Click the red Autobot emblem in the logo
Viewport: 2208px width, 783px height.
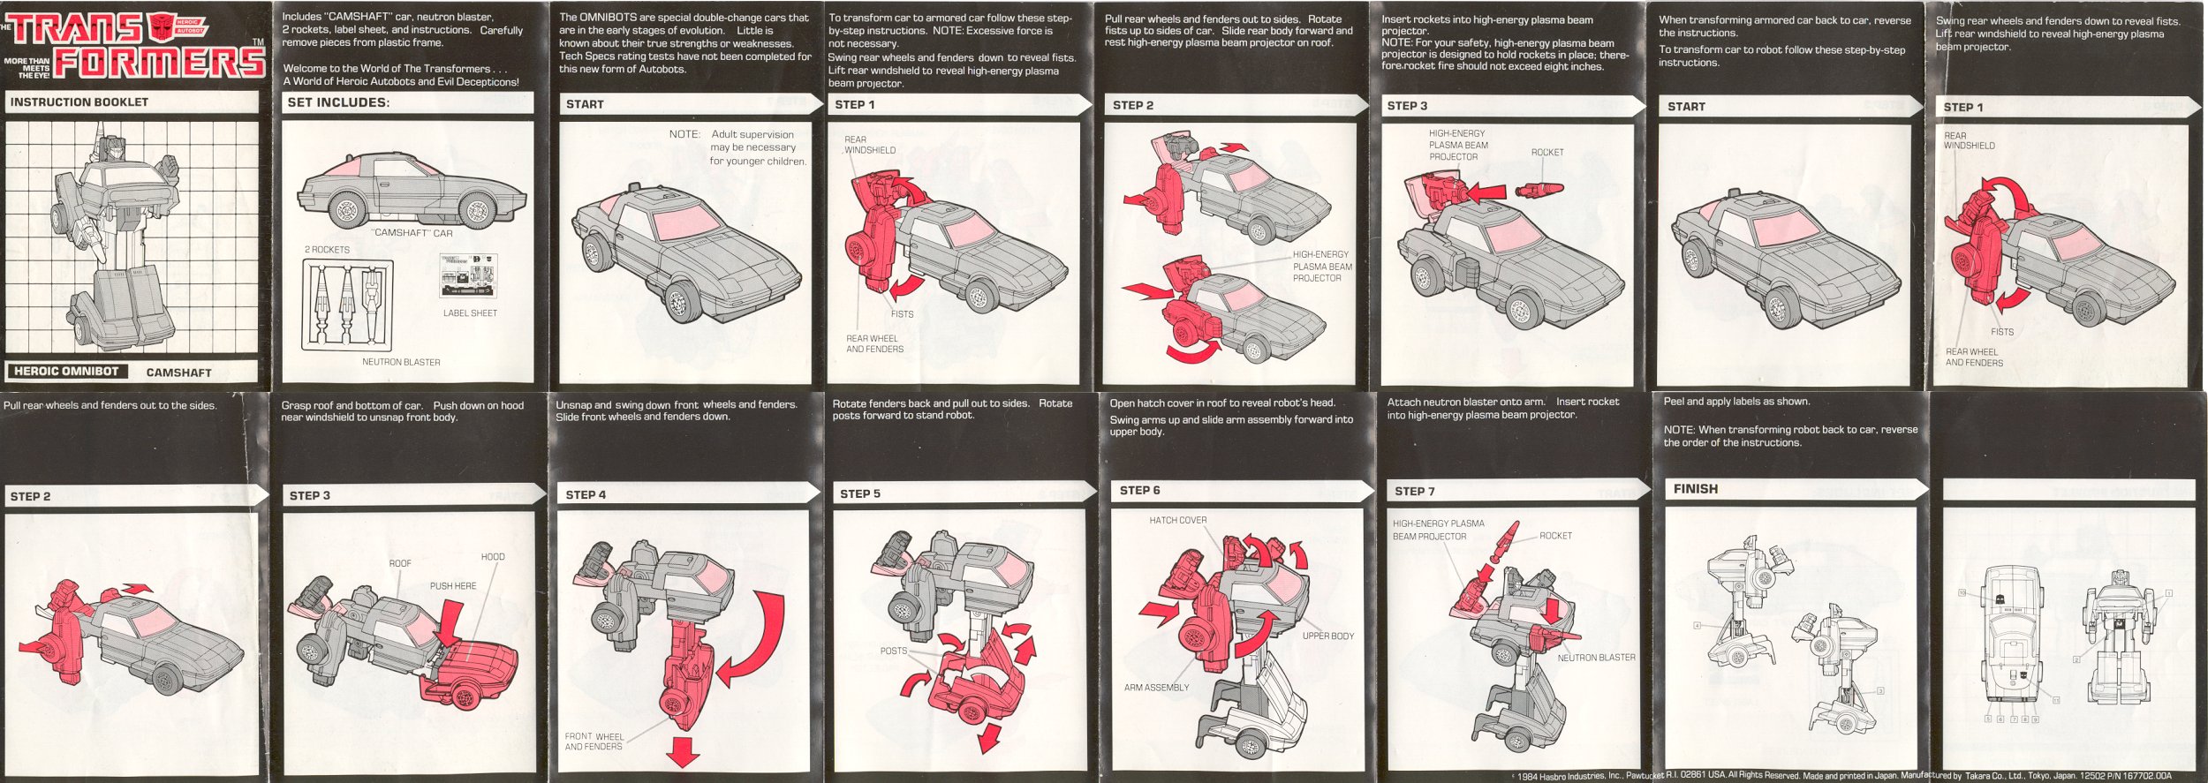click(x=163, y=27)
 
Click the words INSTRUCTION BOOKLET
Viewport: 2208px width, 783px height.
click(x=79, y=102)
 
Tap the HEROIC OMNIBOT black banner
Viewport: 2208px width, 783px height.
click(x=66, y=372)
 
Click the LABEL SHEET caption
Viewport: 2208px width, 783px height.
click(x=470, y=313)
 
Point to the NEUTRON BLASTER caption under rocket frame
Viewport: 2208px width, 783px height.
click(x=401, y=362)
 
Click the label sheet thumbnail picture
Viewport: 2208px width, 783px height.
click(x=468, y=275)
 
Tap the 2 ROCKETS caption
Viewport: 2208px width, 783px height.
click(x=327, y=250)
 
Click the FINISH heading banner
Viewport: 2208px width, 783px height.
click(x=1695, y=489)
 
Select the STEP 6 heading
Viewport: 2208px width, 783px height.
click(x=1139, y=491)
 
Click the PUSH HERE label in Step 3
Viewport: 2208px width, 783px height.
click(x=452, y=586)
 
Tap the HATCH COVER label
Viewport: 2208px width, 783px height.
click(x=1177, y=521)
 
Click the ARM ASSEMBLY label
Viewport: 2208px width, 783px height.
click(x=1156, y=688)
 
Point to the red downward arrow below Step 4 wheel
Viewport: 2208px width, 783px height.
click(x=683, y=751)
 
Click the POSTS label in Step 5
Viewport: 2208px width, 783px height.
click(x=893, y=651)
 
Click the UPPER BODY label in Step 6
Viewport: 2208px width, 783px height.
click(x=1327, y=636)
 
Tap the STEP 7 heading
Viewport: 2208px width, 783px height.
click(x=1414, y=492)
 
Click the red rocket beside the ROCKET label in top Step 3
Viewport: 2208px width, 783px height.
click(x=1539, y=189)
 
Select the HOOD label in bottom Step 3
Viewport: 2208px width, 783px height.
click(x=493, y=557)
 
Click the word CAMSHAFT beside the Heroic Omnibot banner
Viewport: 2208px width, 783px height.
click(x=178, y=373)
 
